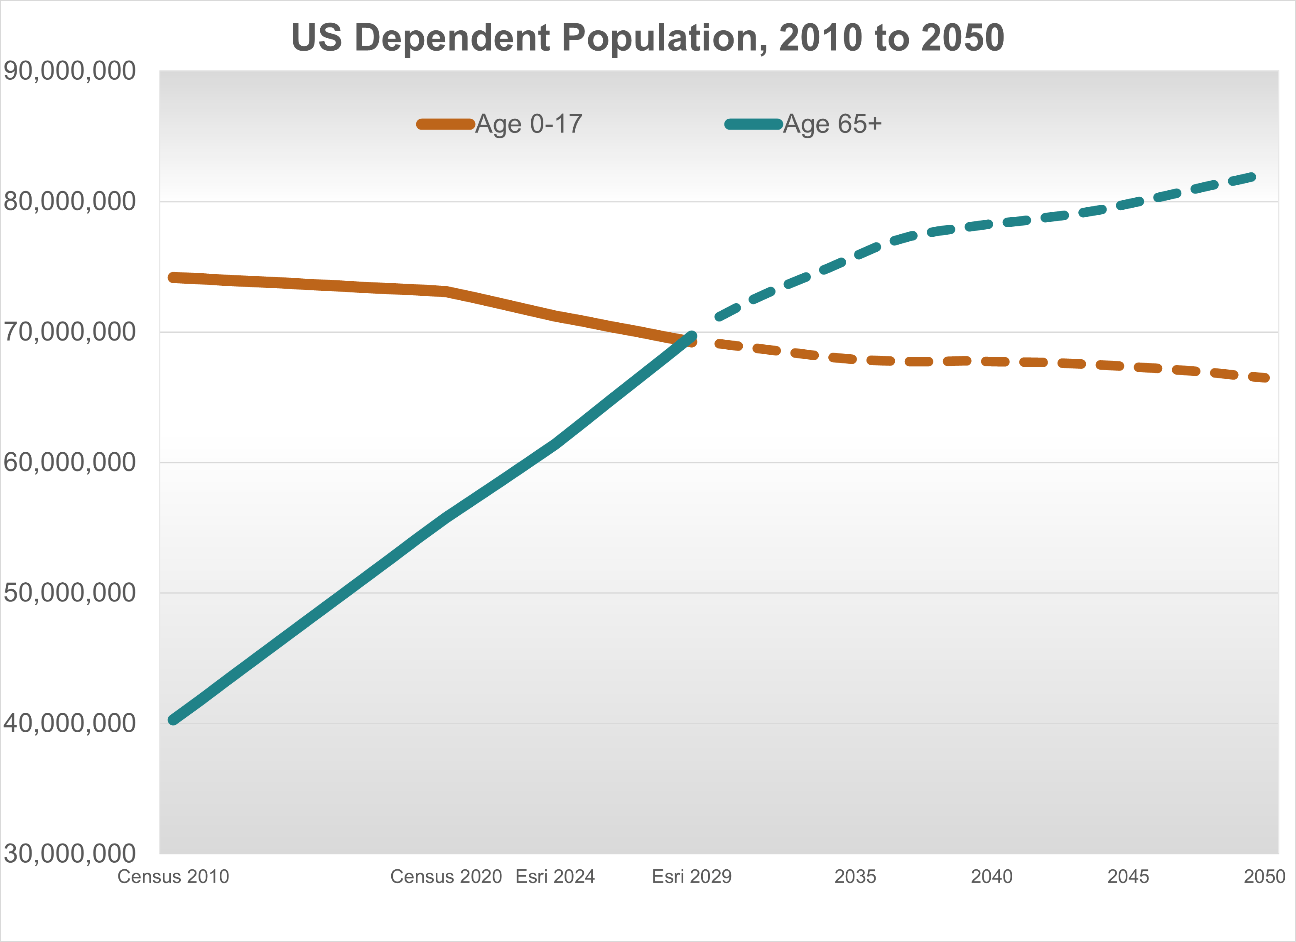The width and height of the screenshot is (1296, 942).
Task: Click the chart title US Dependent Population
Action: tap(648, 38)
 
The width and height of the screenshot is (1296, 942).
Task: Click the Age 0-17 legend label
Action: tap(528, 124)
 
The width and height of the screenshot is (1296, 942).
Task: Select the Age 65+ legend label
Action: tap(832, 124)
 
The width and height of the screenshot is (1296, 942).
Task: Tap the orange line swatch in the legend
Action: tap(446, 124)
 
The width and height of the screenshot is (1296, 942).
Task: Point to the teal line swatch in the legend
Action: tap(753, 124)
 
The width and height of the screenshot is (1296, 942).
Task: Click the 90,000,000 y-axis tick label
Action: tap(70, 71)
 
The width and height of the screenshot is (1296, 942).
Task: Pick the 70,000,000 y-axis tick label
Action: tap(70, 331)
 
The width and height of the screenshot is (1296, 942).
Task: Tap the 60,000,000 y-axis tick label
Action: tap(70, 462)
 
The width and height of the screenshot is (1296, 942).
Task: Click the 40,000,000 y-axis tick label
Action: tap(70, 723)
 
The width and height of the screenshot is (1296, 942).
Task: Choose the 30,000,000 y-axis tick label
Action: tap(70, 854)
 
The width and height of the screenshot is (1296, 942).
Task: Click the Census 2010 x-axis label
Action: tap(173, 876)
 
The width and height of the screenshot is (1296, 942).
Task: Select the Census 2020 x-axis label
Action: tap(446, 876)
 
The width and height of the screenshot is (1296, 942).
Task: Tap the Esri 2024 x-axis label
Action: tap(555, 876)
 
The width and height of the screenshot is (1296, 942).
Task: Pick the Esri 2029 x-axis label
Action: tap(692, 876)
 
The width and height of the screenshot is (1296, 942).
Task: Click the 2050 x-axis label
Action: tap(1264, 876)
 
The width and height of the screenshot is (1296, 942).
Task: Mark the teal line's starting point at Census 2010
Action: tap(173, 720)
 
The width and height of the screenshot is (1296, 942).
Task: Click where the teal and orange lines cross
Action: tap(687, 341)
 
